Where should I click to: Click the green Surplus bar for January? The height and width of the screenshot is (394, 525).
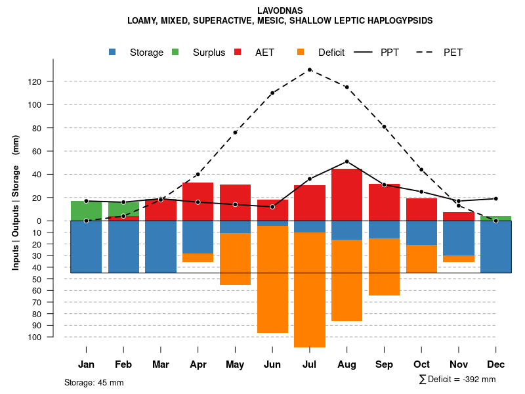86,211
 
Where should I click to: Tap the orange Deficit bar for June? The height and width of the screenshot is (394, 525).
272,279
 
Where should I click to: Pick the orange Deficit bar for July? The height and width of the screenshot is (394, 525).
310,290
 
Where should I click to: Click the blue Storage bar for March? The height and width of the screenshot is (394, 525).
161,246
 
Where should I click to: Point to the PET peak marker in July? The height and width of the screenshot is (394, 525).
309,70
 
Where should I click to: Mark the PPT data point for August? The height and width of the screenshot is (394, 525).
346,162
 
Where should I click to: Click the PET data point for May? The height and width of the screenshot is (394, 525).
235,133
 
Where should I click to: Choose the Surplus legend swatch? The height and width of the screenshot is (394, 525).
175,53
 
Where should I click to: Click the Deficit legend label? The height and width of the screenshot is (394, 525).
331,53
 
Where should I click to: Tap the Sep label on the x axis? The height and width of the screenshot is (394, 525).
384,364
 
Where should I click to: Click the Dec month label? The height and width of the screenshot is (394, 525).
496,364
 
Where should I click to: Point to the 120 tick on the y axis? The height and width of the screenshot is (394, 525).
53,81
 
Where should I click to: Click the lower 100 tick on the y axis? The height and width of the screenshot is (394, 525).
53,337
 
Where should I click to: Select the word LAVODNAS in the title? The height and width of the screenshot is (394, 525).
280,11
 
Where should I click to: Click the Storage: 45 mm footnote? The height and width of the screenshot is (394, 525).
94,382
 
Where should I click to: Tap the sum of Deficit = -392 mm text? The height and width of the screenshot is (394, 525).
457,380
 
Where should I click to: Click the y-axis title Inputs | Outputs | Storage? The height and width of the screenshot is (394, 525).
16,201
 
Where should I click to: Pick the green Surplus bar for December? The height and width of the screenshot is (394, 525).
495,218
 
